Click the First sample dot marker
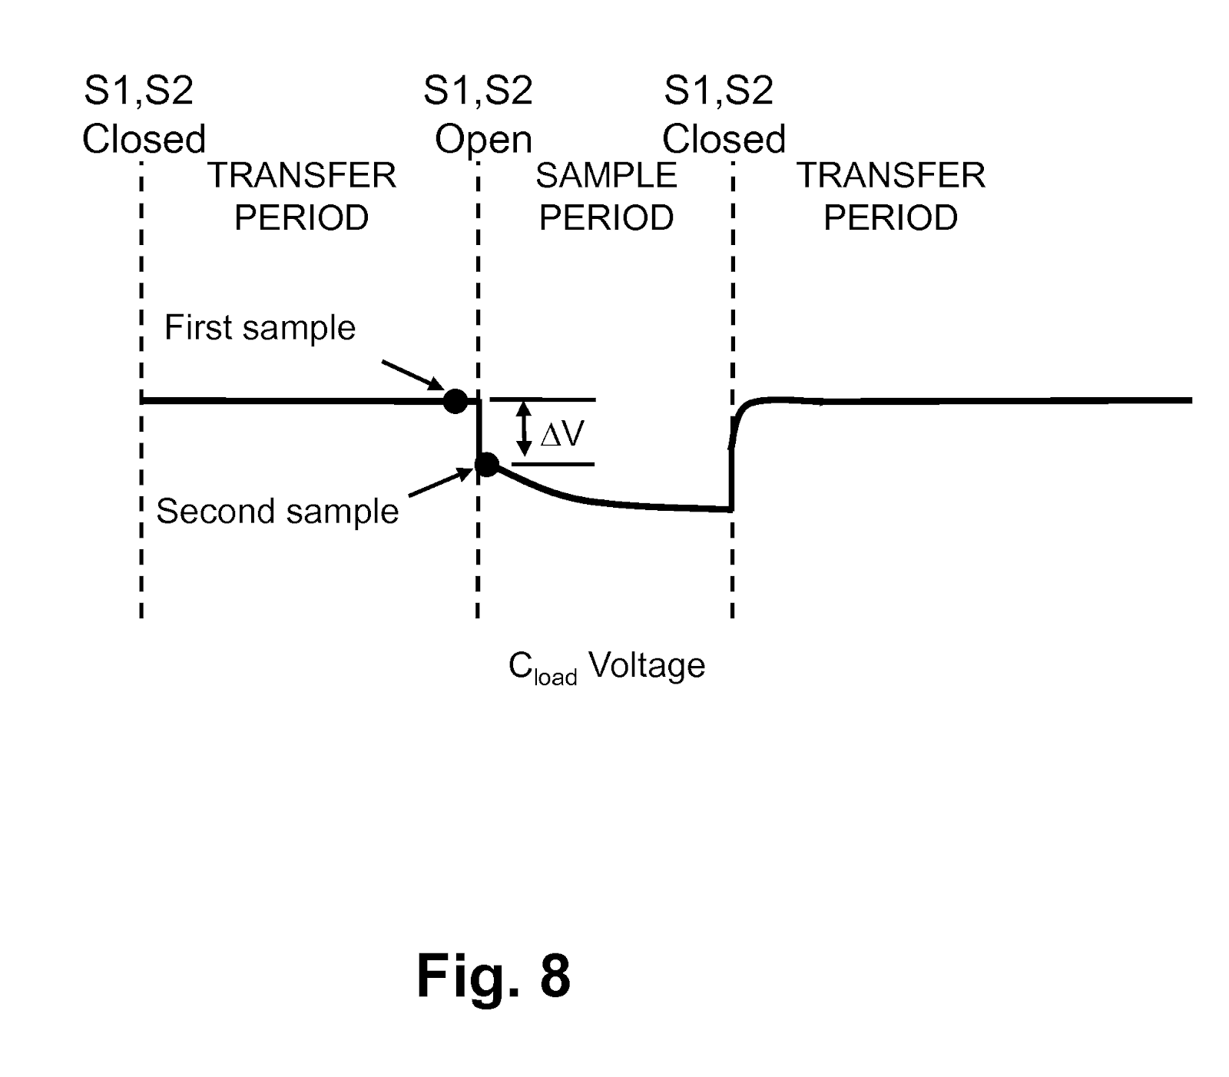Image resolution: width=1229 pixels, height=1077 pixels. click(455, 400)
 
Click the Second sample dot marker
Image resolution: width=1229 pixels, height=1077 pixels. click(487, 464)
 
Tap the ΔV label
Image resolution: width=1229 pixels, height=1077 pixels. click(563, 435)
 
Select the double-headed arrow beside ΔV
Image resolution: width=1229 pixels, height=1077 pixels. click(524, 430)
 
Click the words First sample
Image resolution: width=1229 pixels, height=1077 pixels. click(260, 328)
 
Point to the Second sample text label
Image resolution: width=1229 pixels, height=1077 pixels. click(277, 511)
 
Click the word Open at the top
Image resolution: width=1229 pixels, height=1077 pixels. click(483, 140)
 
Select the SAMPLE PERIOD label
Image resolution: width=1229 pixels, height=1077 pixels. click(606, 197)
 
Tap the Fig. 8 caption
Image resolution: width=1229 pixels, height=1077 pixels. click(493, 976)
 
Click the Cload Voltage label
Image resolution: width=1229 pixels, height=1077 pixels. click(606, 666)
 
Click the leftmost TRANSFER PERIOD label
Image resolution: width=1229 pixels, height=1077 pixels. click(302, 197)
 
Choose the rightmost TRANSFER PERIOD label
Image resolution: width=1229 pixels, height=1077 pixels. click(890, 197)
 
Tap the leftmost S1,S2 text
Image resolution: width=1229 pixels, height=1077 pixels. click(138, 91)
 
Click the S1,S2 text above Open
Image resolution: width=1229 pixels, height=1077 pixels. click(478, 91)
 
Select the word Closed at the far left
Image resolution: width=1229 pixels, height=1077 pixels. click(144, 140)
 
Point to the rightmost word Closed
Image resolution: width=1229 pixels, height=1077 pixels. click(724, 140)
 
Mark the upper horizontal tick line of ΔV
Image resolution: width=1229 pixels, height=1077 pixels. click(542, 399)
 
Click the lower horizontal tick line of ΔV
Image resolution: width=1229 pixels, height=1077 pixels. click(553, 464)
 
